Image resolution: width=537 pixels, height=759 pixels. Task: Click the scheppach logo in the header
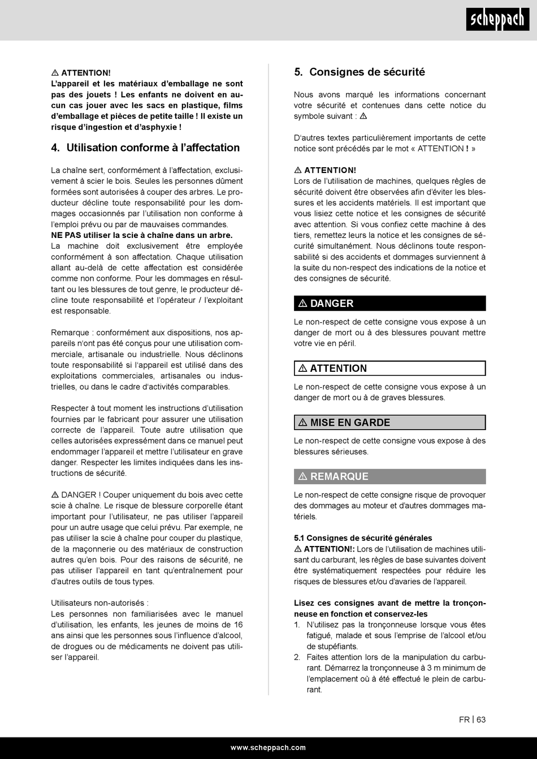click(x=497, y=20)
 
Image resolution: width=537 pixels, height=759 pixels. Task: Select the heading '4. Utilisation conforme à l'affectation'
click(x=145, y=148)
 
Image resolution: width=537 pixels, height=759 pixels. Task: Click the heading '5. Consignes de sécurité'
click(x=360, y=72)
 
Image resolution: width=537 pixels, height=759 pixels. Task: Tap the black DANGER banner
click(x=389, y=303)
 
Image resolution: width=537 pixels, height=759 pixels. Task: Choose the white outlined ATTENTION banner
click(x=389, y=368)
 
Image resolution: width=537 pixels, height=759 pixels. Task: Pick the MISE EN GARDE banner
click(x=389, y=423)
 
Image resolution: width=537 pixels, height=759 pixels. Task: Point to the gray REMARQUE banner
click(x=389, y=476)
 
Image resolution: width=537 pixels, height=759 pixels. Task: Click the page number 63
click(x=481, y=719)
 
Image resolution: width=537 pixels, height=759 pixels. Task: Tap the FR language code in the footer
click(x=464, y=719)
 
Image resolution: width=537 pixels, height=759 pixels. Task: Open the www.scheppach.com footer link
click(x=268, y=747)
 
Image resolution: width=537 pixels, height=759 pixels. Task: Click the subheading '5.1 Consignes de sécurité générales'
click(x=363, y=538)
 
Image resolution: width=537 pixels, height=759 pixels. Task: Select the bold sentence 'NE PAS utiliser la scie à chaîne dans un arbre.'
click(x=142, y=235)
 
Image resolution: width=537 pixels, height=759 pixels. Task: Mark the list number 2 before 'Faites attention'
click(x=297, y=657)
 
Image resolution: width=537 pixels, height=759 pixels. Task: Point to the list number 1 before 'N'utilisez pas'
click(x=297, y=625)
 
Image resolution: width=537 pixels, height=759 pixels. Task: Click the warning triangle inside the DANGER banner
click(x=302, y=303)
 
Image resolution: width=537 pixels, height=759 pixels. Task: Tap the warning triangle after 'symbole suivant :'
click(x=363, y=116)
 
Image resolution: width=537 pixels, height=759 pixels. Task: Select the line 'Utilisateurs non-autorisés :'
click(x=100, y=603)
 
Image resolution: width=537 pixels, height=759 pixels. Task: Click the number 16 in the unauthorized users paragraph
click(x=238, y=625)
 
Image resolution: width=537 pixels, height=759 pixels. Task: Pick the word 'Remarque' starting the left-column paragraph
click(x=69, y=333)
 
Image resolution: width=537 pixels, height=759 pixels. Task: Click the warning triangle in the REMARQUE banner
click(x=302, y=476)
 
